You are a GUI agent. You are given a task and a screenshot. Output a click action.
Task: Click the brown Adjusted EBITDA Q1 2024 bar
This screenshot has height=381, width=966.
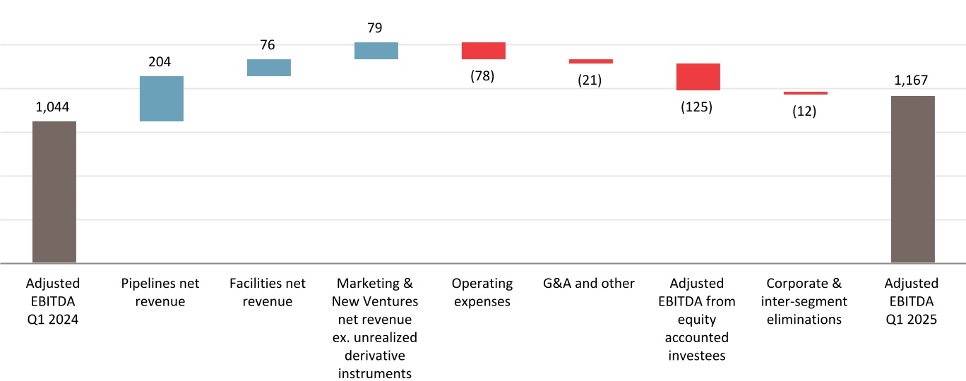pyautogui.click(x=54, y=192)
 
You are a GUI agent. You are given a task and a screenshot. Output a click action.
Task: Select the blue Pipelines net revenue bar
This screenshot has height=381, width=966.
pyautogui.click(x=162, y=99)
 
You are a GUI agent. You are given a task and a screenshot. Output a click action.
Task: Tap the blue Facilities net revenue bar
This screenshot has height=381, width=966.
pyautogui.click(x=269, y=67)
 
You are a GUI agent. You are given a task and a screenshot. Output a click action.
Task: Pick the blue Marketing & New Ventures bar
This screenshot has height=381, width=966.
pyautogui.click(x=376, y=51)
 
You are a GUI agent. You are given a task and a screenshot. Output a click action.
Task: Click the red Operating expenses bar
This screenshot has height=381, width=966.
pyautogui.click(x=484, y=51)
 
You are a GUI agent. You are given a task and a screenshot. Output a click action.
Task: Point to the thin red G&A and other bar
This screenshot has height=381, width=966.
pyautogui.click(x=591, y=61)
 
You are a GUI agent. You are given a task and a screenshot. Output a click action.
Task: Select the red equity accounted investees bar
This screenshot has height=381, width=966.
pyautogui.click(x=698, y=77)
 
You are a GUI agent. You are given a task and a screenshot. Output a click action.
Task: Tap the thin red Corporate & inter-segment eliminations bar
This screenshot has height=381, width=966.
pyautogui.click(x=806, y=93)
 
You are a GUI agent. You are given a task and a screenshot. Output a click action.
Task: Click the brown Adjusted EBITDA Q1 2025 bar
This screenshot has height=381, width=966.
pyautogui.click(x=913, y=179)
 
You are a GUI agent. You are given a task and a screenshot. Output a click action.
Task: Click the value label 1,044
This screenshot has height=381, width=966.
pyautogui.click(x=53, y=107)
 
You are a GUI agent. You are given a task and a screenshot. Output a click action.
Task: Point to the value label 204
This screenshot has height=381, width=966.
pyautogui.click(x=160, y=62)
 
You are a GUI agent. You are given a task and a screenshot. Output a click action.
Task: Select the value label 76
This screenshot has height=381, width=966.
pyautogui.click(x=268, y=45)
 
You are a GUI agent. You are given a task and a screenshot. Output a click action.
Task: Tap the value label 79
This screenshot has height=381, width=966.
pyautogui.click(x=376, y=28)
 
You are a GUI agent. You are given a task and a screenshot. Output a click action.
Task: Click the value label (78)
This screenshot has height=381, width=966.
pyautogui.click(x=482, y=76)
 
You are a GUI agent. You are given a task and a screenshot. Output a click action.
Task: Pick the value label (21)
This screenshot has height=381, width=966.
pyautogui.click(x=590, y=80)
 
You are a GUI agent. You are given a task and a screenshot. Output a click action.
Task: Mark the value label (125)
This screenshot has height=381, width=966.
pyautogui.click(x=697, y=108)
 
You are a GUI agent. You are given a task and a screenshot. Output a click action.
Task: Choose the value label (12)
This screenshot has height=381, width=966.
pyautogui.click(x=804, y=111)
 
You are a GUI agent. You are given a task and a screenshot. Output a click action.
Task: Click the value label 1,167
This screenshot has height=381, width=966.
pyautogui.click(x=911, y=81)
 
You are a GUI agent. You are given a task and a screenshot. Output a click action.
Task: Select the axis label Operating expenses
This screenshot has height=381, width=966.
pyautogui.click(x=482, y=293)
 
